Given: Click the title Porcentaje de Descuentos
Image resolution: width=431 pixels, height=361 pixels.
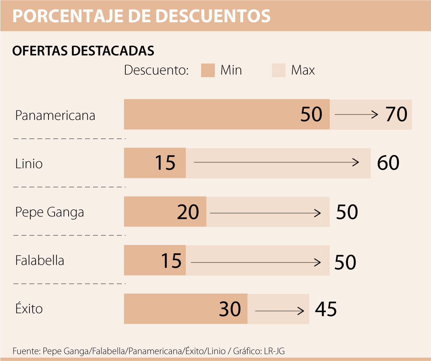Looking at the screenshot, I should [x=142, y=15].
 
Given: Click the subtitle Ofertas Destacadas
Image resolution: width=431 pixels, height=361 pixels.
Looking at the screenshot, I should [x=83, y=51].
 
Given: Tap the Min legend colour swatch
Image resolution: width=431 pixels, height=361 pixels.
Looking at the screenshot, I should [x=208, y=70].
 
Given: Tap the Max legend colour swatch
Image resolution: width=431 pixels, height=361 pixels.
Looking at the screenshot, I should [x=279, y=70].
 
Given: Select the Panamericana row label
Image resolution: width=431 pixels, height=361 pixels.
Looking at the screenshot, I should [x=55, y=115].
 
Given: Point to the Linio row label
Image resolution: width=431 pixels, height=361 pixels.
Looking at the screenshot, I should [x=29, y=164].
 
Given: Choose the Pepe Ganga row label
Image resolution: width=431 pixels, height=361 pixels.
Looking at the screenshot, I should [x=50, y=212].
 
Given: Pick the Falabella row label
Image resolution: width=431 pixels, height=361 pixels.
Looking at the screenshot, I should [x=40, y=260].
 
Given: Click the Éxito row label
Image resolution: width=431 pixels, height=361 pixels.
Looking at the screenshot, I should [x=29, y=308].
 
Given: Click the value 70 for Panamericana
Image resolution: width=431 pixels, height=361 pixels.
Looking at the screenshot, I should [x=396, y=115].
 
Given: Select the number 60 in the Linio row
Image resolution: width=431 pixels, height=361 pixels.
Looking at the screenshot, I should [x=388, y=163].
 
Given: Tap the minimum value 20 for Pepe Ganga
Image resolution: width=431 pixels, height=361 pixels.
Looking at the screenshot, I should [x=188, y=212].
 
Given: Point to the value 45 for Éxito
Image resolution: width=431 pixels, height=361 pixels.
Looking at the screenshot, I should [x=326, y=309].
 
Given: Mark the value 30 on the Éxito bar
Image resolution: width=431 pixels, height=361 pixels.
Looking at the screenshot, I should [x=230, y=309].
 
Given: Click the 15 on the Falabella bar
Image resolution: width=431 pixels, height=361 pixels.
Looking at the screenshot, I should [x=171, y=261].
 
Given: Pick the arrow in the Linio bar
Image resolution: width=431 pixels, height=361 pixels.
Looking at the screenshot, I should [x=276, y=162].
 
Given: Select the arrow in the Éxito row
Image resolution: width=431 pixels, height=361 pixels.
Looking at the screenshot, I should [x=279, y=311].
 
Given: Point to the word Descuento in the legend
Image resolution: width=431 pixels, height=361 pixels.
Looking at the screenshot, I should [x=156, y=70].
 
